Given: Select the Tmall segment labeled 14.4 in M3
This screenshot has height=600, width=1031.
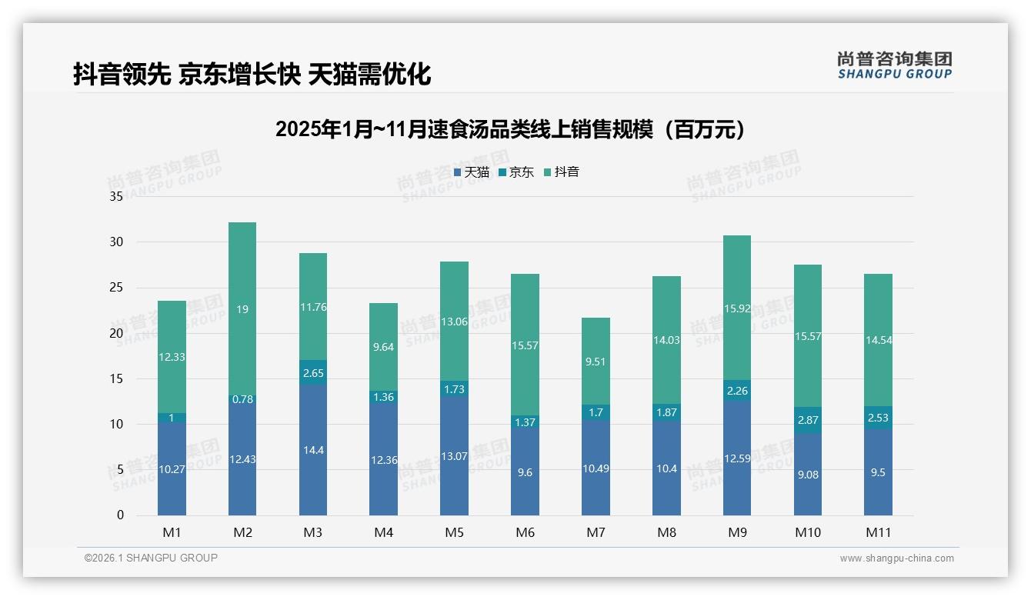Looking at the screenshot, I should click(313, 450).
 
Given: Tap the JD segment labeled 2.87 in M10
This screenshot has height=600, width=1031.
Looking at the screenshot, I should click(808, 420).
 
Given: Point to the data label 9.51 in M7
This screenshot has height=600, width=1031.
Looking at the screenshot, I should click(596, 362).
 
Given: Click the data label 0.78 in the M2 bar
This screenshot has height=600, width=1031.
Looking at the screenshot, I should click(242, 399).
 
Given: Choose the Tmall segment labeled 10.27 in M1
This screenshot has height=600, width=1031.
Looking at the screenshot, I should click(172, 469).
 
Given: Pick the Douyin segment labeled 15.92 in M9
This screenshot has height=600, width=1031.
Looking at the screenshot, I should click(737, 308).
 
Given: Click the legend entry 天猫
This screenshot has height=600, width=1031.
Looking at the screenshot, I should click(472, 172).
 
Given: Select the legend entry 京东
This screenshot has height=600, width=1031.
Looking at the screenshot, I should click(516, 172).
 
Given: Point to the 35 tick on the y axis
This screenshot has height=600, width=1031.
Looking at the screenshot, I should click(116, 197).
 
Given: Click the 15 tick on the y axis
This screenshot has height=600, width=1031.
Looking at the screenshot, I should click(116, 379).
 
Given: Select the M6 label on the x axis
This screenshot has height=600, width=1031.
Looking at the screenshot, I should click(525, 532).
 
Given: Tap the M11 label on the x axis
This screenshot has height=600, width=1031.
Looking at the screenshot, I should click(878, 532).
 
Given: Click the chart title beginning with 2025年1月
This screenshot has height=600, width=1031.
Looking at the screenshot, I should click(511, 129).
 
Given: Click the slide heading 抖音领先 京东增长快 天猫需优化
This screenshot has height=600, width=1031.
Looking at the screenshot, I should click(252, 75).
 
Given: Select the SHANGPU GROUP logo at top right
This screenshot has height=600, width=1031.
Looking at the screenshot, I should click(894, 65).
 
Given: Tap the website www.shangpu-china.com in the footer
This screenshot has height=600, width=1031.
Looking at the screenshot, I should click(896, 558).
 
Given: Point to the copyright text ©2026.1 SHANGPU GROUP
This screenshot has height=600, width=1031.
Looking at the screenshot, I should click(151, 558).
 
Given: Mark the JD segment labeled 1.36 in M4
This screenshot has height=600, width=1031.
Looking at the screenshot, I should click(383, 397).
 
